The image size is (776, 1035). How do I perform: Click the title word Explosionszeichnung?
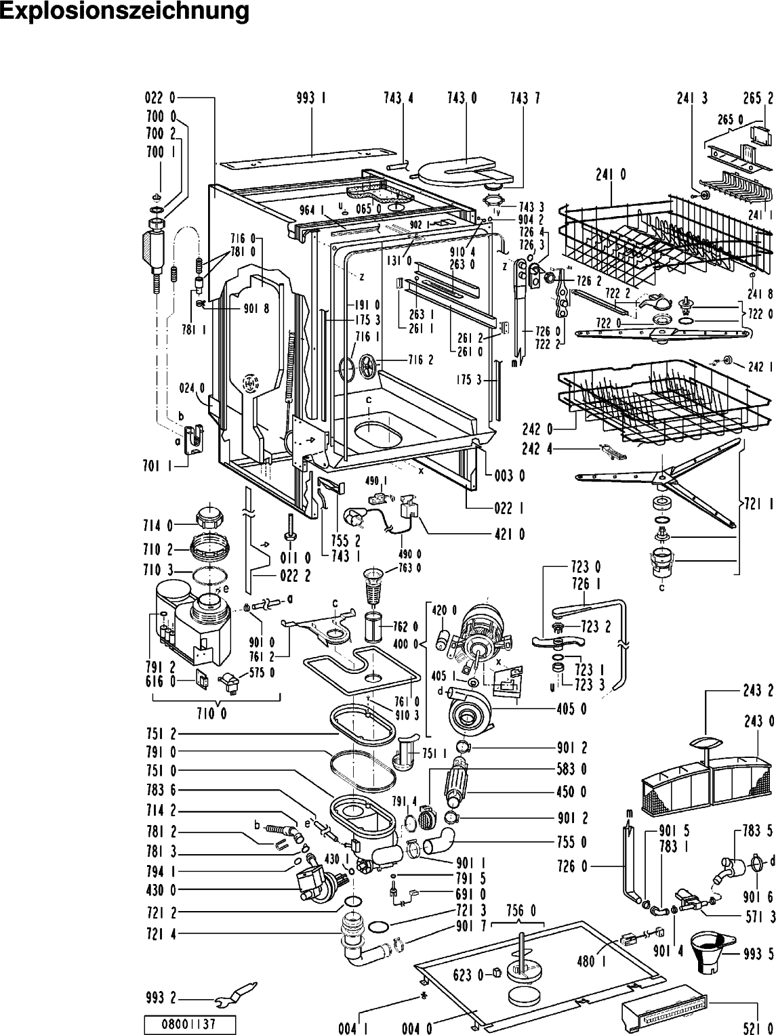124,12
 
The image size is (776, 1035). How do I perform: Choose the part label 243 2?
757,692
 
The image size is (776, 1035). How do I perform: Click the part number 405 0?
572,709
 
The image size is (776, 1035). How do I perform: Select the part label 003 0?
511,476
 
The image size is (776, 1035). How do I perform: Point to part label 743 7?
525,98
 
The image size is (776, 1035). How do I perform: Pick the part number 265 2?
758,98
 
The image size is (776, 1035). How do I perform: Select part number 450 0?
572,792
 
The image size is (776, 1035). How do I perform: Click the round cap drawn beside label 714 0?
209,519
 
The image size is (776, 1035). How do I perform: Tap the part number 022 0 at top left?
160,98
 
